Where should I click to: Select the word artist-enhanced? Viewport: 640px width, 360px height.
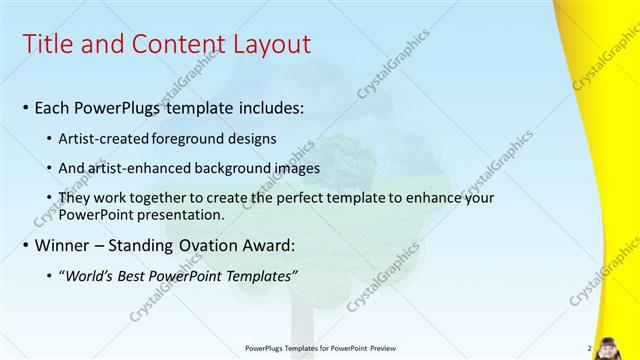[x=142, y=168]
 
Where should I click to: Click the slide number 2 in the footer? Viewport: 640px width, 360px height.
[x=590, y=348]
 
